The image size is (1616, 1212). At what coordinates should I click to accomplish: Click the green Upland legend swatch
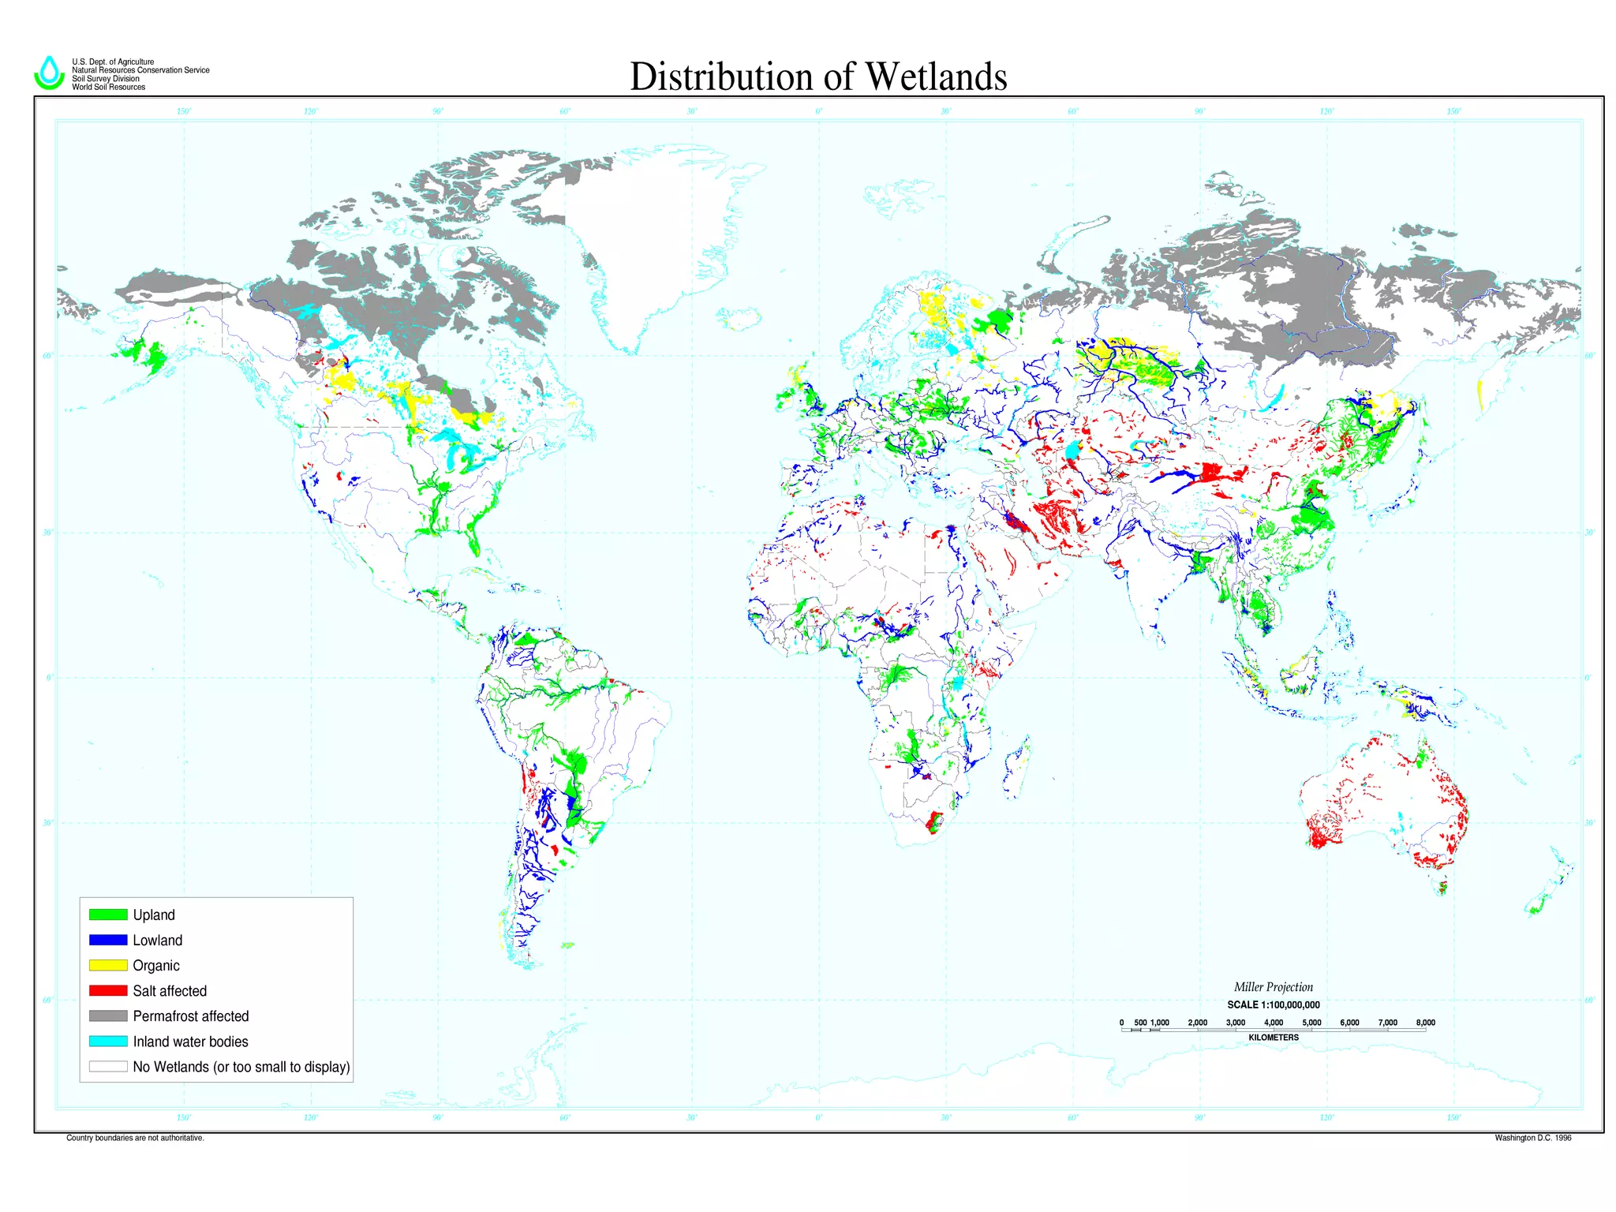(x=108, y=915)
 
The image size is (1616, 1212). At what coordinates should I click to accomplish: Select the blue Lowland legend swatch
(x=108, y=940)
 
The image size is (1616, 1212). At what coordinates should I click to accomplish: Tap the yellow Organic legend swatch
(x=108, y=965)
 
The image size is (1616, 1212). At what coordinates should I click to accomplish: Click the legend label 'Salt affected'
(x=170, y=991)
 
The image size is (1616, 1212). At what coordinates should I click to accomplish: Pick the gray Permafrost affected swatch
(x=108, y=1016)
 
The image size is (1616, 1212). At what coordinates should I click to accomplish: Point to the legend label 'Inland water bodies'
(x=190, y=1042)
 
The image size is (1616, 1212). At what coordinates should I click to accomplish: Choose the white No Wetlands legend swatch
(x=108, y=1067)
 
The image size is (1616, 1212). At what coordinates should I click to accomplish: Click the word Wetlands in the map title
(x=936, y=77)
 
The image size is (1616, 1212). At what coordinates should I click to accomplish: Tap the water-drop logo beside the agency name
(x=49, y=73)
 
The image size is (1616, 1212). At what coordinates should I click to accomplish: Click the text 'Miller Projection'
(x=1273, y=987)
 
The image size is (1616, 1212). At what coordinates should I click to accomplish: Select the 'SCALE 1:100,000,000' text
(x=1273, y=1004)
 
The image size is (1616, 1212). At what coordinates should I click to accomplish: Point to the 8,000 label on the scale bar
(x=1425, y=1023)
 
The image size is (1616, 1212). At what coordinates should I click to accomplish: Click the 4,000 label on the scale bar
(x=1273, y=1023)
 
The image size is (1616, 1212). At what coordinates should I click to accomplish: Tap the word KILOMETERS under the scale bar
(x=1273, y=1038)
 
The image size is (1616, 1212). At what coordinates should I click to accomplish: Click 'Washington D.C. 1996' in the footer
(x=1532, y=1138)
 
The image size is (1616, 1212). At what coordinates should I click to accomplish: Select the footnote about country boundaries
(x=135, y=1138)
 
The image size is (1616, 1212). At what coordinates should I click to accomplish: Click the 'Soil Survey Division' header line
(x=106, y=79)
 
